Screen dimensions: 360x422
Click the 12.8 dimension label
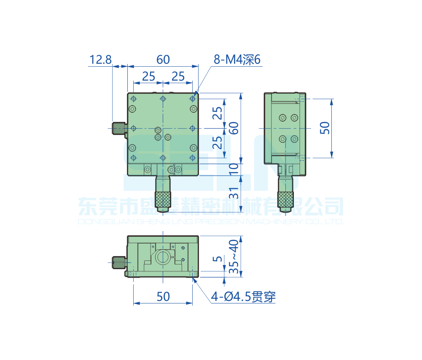click(x=100, y=60)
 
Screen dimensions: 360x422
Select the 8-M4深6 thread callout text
click(x=237, y=60)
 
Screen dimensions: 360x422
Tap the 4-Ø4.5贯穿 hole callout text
click(x=244, y=297)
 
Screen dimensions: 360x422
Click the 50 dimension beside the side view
click(x=325, y=128)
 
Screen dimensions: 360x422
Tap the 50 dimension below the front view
click(x=163, y=297)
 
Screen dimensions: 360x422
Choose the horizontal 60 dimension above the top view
click(x=163, y=60)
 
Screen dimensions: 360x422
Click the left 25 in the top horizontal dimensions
click(x=148, y=76)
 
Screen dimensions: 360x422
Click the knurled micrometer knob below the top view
click(x=163, y=201)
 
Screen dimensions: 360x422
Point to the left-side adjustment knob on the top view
click(x=119, y=128)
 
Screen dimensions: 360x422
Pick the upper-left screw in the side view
click(x=282, y=117)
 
